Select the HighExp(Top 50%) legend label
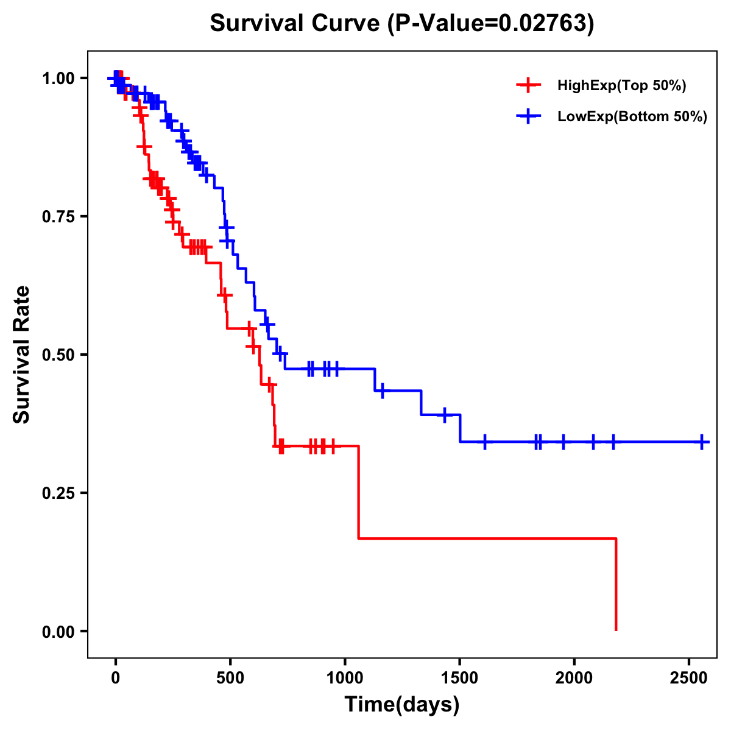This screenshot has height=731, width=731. click(621, 86)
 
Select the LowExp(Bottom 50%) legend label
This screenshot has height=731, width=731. click(632, 117)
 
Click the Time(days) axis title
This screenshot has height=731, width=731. click(402, 705)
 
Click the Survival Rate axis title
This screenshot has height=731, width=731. click(22, 355)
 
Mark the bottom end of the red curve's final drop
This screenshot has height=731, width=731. click(616, 629)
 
